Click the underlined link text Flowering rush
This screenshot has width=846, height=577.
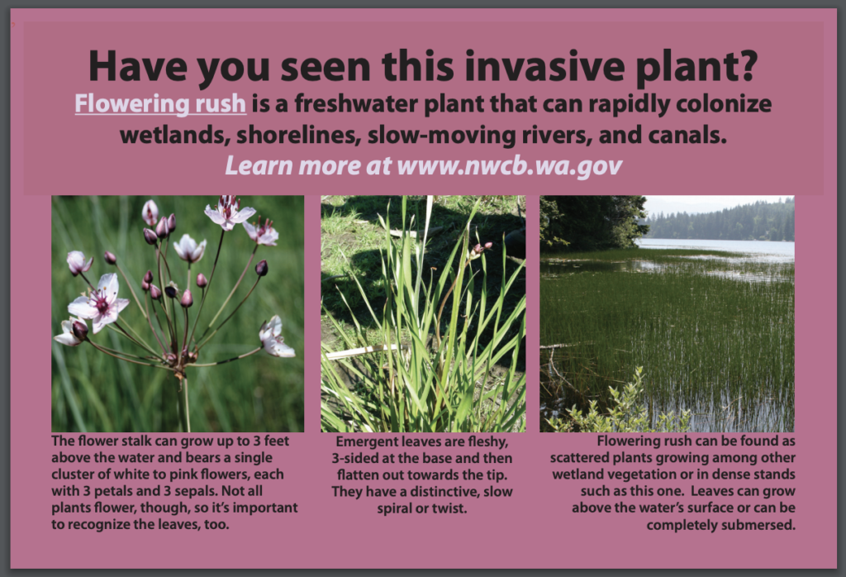pyautogui.click(x=160, y=104)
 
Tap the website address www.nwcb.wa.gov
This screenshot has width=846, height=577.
pyautogui.click(x=509, y=165)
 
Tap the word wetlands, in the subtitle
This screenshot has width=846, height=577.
pyautogui.click(x=175, y=136)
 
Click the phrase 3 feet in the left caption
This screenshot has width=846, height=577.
pyautogui.click(x=271, y=441)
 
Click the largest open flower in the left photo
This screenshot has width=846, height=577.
pyautogui.click(x=99, y=302)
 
